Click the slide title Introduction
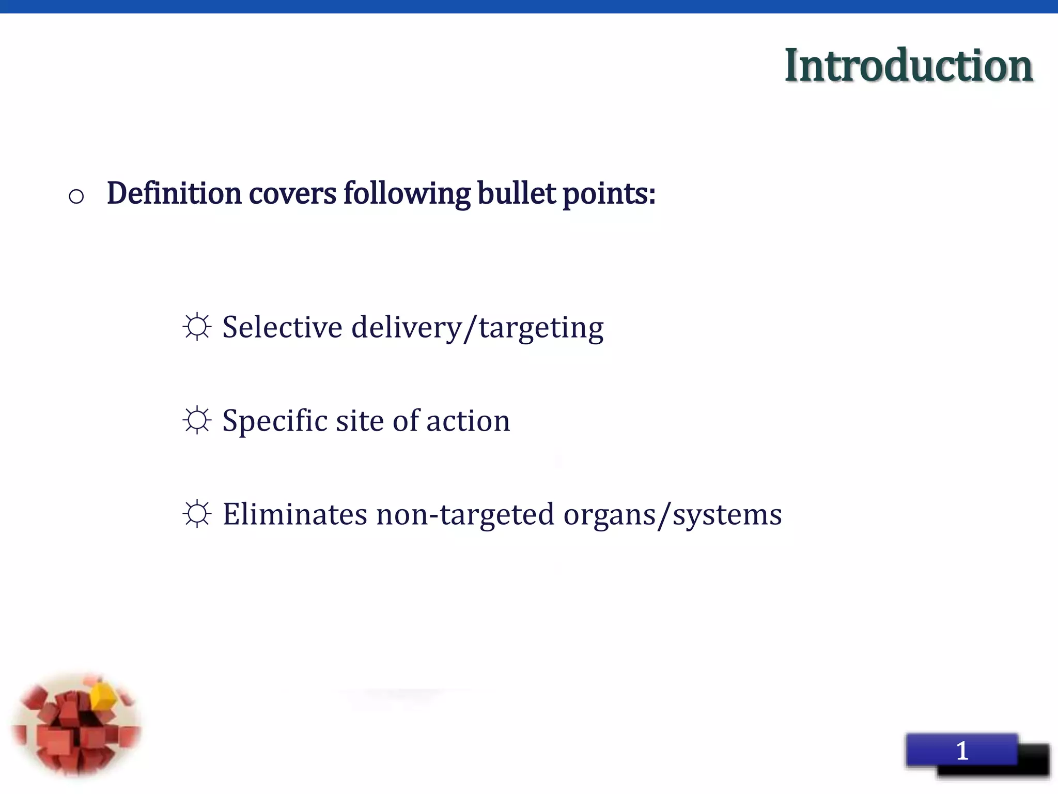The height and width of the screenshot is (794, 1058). coord(908,66)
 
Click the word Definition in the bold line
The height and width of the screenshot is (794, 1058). coord(174,193)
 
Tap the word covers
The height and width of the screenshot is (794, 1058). coord(292,193)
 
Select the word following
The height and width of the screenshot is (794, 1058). coord(407,194)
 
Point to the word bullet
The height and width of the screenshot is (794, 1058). coord(516,193)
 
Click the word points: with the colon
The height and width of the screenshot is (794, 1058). coord(609,194)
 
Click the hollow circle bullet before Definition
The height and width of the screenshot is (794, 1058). coord(76,196)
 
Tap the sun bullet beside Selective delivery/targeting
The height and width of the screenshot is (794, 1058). coord(197,327)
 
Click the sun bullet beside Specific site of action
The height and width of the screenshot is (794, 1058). coord(197,420)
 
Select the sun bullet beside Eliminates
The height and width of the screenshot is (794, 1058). coord(197,514)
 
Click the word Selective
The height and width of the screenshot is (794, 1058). coord(282,327)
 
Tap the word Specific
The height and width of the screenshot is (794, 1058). coord(275,421)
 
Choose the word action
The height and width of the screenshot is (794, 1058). coord(468,421)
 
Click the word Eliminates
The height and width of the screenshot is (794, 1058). coord(295,514)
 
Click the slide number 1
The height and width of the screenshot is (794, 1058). coord(962,751)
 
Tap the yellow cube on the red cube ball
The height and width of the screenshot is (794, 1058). coord(103,695)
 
